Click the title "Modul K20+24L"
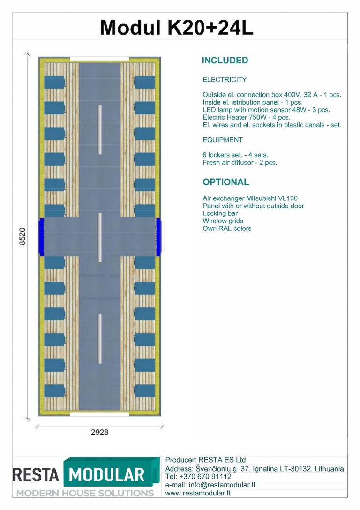click(x=176, y=27)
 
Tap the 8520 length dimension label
click(x=22, y=236)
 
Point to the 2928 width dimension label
click(x=99, y=432)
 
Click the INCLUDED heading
click(x=225, y=61)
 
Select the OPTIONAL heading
click(x=226, y=182)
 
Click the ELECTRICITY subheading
click(x=225, y=80)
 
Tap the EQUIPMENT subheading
click(x=223, y=140)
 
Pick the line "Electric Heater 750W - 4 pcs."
click(x=246, y=117)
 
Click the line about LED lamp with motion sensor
click(x=266, y=110)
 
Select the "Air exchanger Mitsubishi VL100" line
click(x=250, y=198)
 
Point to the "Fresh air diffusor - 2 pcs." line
click(x=240, y=163)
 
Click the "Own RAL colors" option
click(x=227, y=228)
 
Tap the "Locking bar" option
click(x=220, y=213)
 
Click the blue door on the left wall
click(x=41, y=236)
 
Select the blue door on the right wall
click(x=158, y=236)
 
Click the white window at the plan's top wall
click(x=99, y=59)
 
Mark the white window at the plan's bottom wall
click(x=99, y=414)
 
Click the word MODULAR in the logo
click(x=106, y=475)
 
